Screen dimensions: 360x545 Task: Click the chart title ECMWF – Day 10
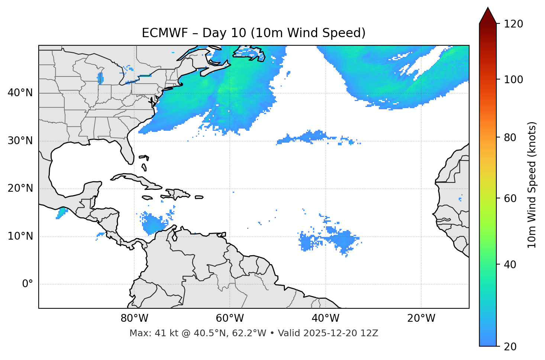pyautogui.click(x=254, y=33)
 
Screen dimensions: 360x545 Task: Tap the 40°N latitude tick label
pyautogui.click(x=20, y=93)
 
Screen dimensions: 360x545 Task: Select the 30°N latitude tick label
pyautogui.click(x=20, y=141)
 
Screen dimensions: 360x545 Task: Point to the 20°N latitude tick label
pyautogui.click(x=20, y=188)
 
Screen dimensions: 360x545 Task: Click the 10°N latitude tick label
pyautogui.click(x=20, y=236)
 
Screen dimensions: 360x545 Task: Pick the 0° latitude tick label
pyautogui.click(x=28, y=284)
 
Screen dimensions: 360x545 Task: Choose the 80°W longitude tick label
pyautogui.click(x=134, y=318)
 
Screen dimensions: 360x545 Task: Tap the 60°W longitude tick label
pyautogui.click(x=230, y=318)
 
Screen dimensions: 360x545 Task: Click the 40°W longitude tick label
pyautogui.click(x=325, y=318)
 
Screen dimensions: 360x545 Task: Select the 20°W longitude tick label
pyautogui.click(x=421, y=318)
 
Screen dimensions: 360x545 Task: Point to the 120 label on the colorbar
pyautogui.click(x=514, y=24)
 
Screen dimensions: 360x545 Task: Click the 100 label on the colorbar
pyautogui.click(x=514, y=80)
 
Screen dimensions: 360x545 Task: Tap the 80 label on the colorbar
pyautogui.click(x=511, y=137)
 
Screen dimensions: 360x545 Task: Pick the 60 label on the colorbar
pyautogui.click(x=511, y=198)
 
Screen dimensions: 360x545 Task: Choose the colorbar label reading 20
pyautogui.click(x=511, y=347)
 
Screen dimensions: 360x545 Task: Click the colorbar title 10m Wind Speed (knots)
pyautogui.click(x=532, y=185)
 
